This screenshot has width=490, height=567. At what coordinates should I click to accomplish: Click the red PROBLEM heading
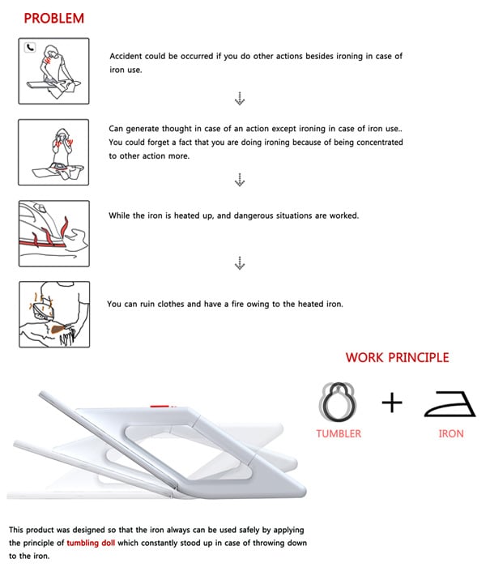(53, 18)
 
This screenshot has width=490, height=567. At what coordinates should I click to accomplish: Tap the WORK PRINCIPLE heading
(396, 357)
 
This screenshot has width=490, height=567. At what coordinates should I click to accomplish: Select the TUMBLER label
(339, 433)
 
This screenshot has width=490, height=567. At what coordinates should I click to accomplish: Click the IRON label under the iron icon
(451, 433)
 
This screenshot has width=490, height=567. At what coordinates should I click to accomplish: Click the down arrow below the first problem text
(240, 99)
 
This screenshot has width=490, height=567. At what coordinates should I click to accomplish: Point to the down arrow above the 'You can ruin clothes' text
(240, 263)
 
